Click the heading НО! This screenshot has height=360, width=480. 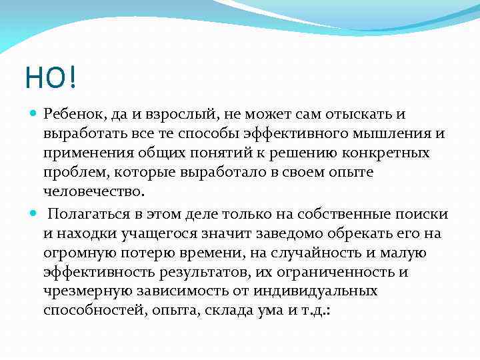pos(51,78)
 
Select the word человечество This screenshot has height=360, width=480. pos(93,191)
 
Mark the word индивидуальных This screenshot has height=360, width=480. pos(319,291)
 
